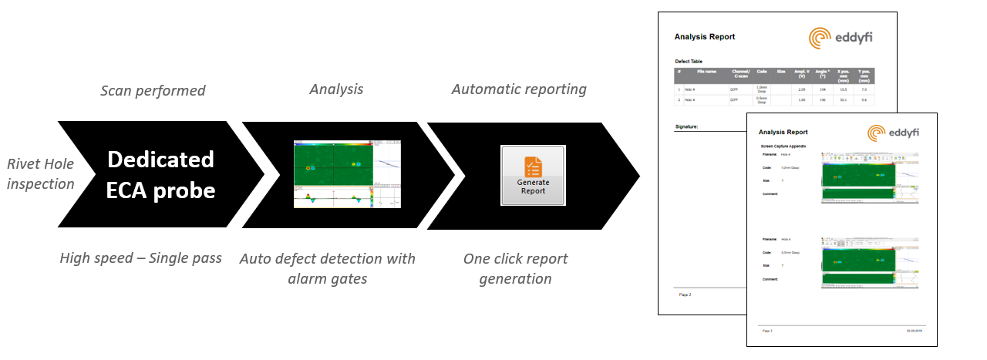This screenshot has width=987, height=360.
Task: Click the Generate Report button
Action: (x=533, y=174)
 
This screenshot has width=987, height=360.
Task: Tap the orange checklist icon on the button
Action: (x=533, y=165)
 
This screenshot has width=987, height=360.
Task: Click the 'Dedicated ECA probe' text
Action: (x=160, y=174)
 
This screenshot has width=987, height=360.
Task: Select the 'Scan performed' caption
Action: (x=153, y=91)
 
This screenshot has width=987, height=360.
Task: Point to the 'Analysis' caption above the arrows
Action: (x=336, y=89)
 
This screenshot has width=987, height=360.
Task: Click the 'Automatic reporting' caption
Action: (x=518, y=89)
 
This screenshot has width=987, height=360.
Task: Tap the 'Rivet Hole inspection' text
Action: (x=40, y=173)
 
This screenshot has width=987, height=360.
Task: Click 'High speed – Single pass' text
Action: (x=140, y=258)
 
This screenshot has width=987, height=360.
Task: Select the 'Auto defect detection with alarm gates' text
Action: (x=327, y=268)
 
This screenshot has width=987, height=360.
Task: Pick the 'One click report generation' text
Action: (x=515, y=268)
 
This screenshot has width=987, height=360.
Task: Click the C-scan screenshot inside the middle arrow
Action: (x=348, y=174)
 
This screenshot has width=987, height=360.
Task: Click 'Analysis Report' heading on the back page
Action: (x=704, y=37)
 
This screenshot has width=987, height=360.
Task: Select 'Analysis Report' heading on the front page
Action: (x=783, y=133)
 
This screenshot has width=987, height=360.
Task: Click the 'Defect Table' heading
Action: (x=688, y=61)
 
